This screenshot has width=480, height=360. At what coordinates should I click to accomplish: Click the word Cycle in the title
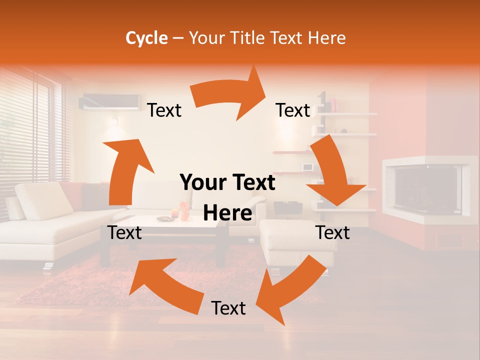pos(146,38)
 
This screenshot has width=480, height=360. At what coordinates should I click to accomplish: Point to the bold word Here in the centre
pos(227,213)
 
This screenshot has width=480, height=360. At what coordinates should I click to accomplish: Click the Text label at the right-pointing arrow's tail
pos(164,110)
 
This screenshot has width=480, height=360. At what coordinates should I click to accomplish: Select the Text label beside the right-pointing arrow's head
pos(293,110)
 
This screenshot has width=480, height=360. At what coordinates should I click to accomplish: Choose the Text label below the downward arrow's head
pos(332,232)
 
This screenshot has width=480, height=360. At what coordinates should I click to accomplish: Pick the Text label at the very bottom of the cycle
pos(228,308)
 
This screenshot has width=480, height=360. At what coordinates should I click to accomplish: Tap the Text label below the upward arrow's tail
pos(124,232)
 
